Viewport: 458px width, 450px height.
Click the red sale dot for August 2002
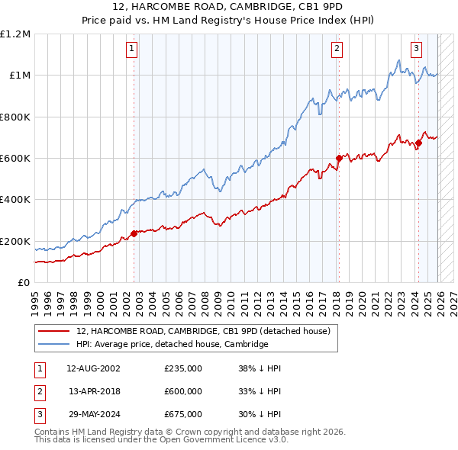click(134, 233)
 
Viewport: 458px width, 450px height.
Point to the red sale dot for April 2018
click(338, 159)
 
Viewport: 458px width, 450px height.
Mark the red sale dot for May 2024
click(418, 143)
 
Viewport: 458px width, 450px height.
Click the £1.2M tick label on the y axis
click(15, 34)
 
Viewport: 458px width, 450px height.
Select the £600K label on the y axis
click(15, 159)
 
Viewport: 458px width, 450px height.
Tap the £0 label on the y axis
click(23, 283)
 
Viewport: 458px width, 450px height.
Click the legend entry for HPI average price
click(172, 344)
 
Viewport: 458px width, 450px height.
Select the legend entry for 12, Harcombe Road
click(202, 332)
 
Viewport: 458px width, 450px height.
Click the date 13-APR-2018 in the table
click(93, 391)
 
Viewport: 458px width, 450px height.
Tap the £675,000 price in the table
click(182, 414)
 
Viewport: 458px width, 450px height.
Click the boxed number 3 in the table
click(39, 414)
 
